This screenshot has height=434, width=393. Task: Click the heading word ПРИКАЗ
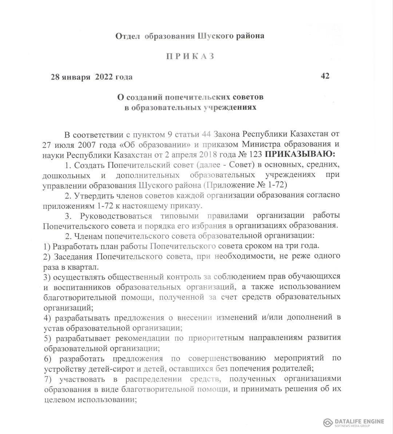[190, 56]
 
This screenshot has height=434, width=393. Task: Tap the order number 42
[325, 76]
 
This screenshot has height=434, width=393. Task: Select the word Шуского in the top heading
[216, 36]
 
